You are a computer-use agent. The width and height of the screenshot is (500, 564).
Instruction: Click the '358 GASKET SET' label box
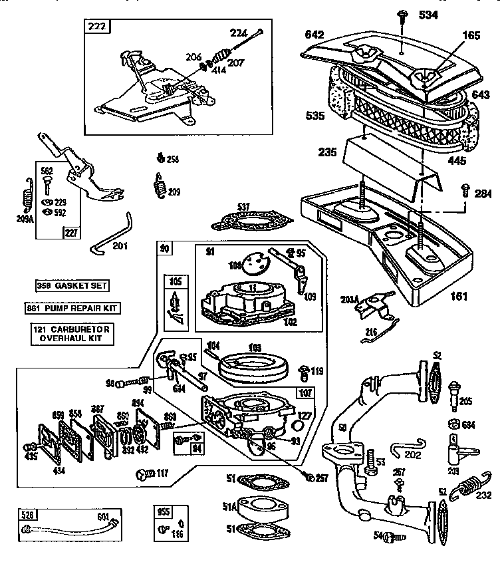[x=71, y=286]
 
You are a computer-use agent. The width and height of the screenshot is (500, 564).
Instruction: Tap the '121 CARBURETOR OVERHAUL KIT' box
[x=71, y=334]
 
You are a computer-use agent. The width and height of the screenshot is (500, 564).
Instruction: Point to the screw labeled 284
[x=465, y=192]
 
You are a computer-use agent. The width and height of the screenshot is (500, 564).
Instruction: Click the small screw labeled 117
[x=142, y=474]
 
